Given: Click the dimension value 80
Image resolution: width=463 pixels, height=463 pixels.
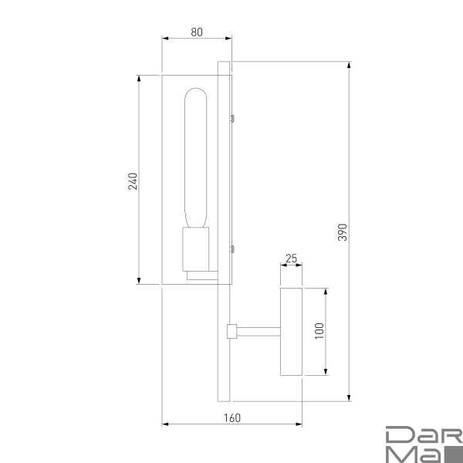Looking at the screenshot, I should [x=197, y=32].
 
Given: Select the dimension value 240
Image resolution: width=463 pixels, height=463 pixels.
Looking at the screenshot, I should [x=133, y=181].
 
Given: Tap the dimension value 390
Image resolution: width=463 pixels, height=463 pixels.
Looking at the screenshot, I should [x=343, y=232].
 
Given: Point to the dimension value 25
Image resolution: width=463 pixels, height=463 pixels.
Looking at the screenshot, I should [x=291, y=259].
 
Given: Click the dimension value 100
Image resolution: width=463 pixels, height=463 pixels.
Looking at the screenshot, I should [x=319, y=332].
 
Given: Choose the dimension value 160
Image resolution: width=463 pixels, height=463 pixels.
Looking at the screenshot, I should [x=231, y=418].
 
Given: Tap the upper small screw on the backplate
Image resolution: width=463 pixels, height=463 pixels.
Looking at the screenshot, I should [x=231, y=118].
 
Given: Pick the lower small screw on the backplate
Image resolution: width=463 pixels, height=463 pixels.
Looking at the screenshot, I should [x=231, y=248].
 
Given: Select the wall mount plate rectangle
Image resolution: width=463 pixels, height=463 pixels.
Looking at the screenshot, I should [x=291, y=332].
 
